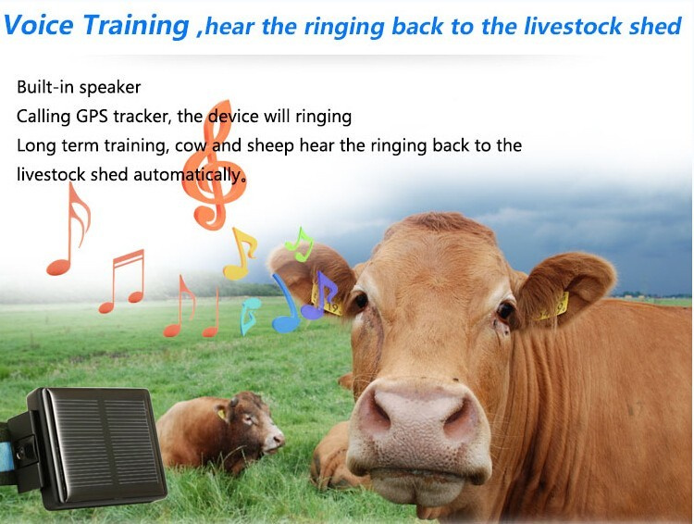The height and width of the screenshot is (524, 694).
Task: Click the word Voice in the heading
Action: click(x=39, y=25)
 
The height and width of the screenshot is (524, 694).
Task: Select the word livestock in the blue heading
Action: click(x=573, y=26)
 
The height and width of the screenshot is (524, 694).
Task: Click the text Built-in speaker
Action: click(x=79, y=87)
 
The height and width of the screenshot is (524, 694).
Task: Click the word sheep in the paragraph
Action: click(x=270, y=146)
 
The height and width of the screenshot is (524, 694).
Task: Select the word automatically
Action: click(x=189, y=175)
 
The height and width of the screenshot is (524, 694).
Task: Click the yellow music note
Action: click(x=240, y=254)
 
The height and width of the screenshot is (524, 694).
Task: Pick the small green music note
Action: click(x=300, y=244)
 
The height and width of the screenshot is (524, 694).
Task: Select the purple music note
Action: click(x=319, y=294)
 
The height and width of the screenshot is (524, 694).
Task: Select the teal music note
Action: click(x=249, y=316)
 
